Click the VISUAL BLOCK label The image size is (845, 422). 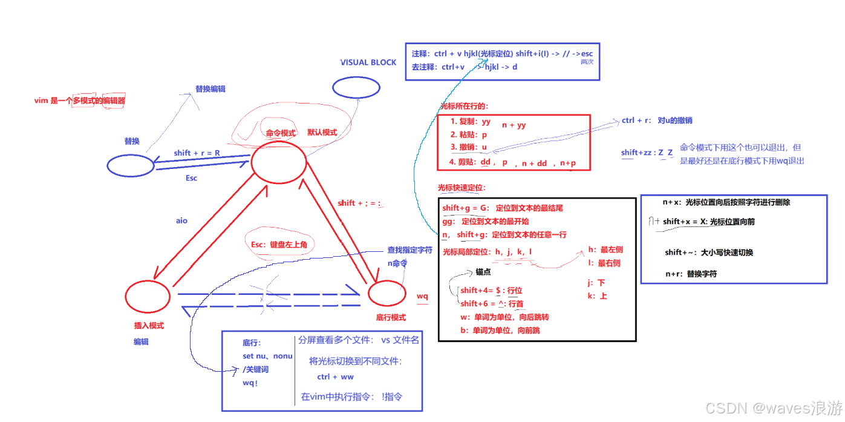click(368, 62)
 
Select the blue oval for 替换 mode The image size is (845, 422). click(131, 165)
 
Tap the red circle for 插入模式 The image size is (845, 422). click(148, 296)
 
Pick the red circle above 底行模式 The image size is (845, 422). click(387, 294)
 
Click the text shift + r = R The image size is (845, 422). click(197, 153)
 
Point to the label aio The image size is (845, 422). click(181, 221)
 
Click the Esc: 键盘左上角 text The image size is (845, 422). click(279, 245)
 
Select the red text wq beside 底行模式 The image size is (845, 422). click(422, 296)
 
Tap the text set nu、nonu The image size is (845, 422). click(267, 356)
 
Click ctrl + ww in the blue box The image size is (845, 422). click(335, 377)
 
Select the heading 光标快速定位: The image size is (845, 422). click(462, 188)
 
